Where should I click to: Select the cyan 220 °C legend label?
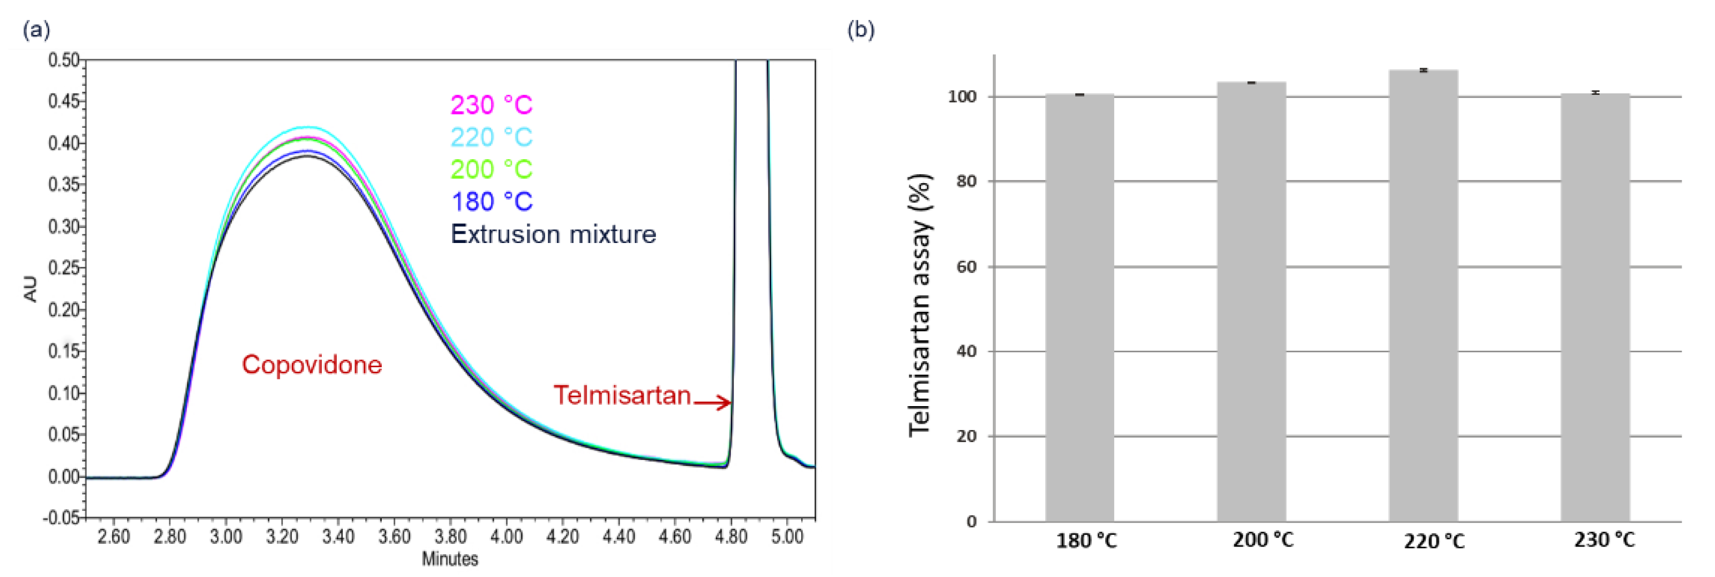click(492, 137)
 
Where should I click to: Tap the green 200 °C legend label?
click(492, 169)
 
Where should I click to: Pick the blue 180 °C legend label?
click(492, 201)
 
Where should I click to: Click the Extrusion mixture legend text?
click(553, 234)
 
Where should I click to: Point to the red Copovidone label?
click(312, 365)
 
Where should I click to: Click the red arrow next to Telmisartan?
click(712, 402)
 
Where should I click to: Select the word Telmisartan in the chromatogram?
click(622, 396)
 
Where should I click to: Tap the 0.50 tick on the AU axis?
click(63, 60)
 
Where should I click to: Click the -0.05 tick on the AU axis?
click(62, 518)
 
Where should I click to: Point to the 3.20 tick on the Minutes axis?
click(282, 536)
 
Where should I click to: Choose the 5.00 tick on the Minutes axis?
click(787, 536)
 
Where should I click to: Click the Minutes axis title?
click(449, 559)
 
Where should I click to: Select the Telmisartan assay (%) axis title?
click(920, 305)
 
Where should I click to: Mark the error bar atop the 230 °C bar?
click(1595, 93)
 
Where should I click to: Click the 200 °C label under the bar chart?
click(1263, 540)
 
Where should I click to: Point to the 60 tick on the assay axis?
click(967, 267)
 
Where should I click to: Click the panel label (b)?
click(861, 29)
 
